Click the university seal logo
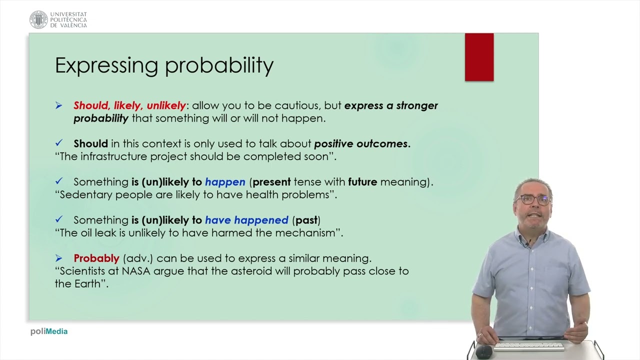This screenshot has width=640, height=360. pos(38,19)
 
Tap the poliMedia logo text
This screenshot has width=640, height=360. pos(49,331)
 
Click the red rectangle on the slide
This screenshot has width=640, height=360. pos(479,57)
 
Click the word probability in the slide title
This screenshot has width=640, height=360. pos(219,65)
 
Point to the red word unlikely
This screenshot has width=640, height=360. pos(166,105)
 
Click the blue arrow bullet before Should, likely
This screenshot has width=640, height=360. pos(59,105)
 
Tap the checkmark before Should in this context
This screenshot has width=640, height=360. pos(59,143)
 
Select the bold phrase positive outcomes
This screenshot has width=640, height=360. pos(362,143)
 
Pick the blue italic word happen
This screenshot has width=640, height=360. pos(225,182)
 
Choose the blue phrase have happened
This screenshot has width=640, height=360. pos(247,220)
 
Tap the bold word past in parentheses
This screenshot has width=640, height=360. pos(306,220)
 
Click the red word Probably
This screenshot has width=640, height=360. pos(96,258)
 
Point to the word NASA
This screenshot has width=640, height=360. pos(136,271)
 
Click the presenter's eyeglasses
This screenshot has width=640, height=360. pos(533,199)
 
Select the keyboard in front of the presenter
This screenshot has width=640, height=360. pos(529,346)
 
